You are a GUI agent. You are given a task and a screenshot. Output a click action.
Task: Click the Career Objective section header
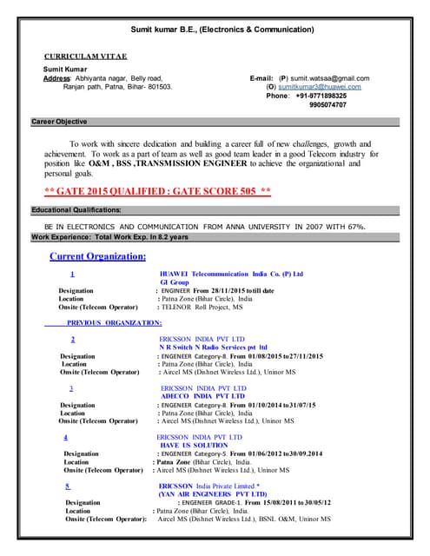point(59,122)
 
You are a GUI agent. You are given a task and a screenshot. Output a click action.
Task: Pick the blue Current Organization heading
point(98,256)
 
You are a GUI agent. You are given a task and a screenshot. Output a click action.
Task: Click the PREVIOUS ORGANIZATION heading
point(115,322)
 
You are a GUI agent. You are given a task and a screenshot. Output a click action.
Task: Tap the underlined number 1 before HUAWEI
point(70,274)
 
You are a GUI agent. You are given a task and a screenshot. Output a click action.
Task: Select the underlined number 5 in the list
point(67,486)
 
